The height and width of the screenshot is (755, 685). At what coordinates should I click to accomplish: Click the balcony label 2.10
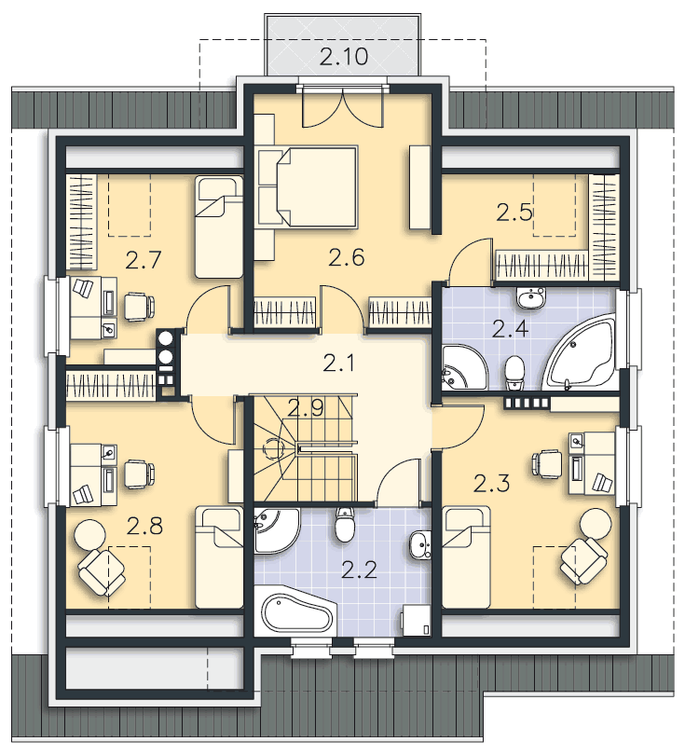344,56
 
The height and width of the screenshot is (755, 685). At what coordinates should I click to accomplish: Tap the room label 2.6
347,257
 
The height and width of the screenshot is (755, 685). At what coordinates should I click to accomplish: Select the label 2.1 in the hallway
339,363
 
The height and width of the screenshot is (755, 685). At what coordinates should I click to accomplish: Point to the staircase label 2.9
306,408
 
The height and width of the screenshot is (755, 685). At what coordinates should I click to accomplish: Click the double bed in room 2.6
308,186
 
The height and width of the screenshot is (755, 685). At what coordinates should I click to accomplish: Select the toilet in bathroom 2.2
344,524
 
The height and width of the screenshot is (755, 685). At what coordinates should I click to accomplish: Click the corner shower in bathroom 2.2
275,528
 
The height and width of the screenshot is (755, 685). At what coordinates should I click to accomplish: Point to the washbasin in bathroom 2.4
531,298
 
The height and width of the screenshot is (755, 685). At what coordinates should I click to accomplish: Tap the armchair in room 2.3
583,559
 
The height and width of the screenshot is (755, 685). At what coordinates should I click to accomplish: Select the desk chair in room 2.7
139,307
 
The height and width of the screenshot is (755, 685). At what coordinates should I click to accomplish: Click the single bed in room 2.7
219,226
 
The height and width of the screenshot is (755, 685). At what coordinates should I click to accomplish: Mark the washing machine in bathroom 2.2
416,621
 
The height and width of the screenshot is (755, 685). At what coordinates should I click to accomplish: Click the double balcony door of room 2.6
343,107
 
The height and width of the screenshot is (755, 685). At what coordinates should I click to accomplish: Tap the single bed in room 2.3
467,557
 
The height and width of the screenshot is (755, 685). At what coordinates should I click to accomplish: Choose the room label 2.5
514,213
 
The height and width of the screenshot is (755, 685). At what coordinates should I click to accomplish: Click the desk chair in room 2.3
547,463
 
